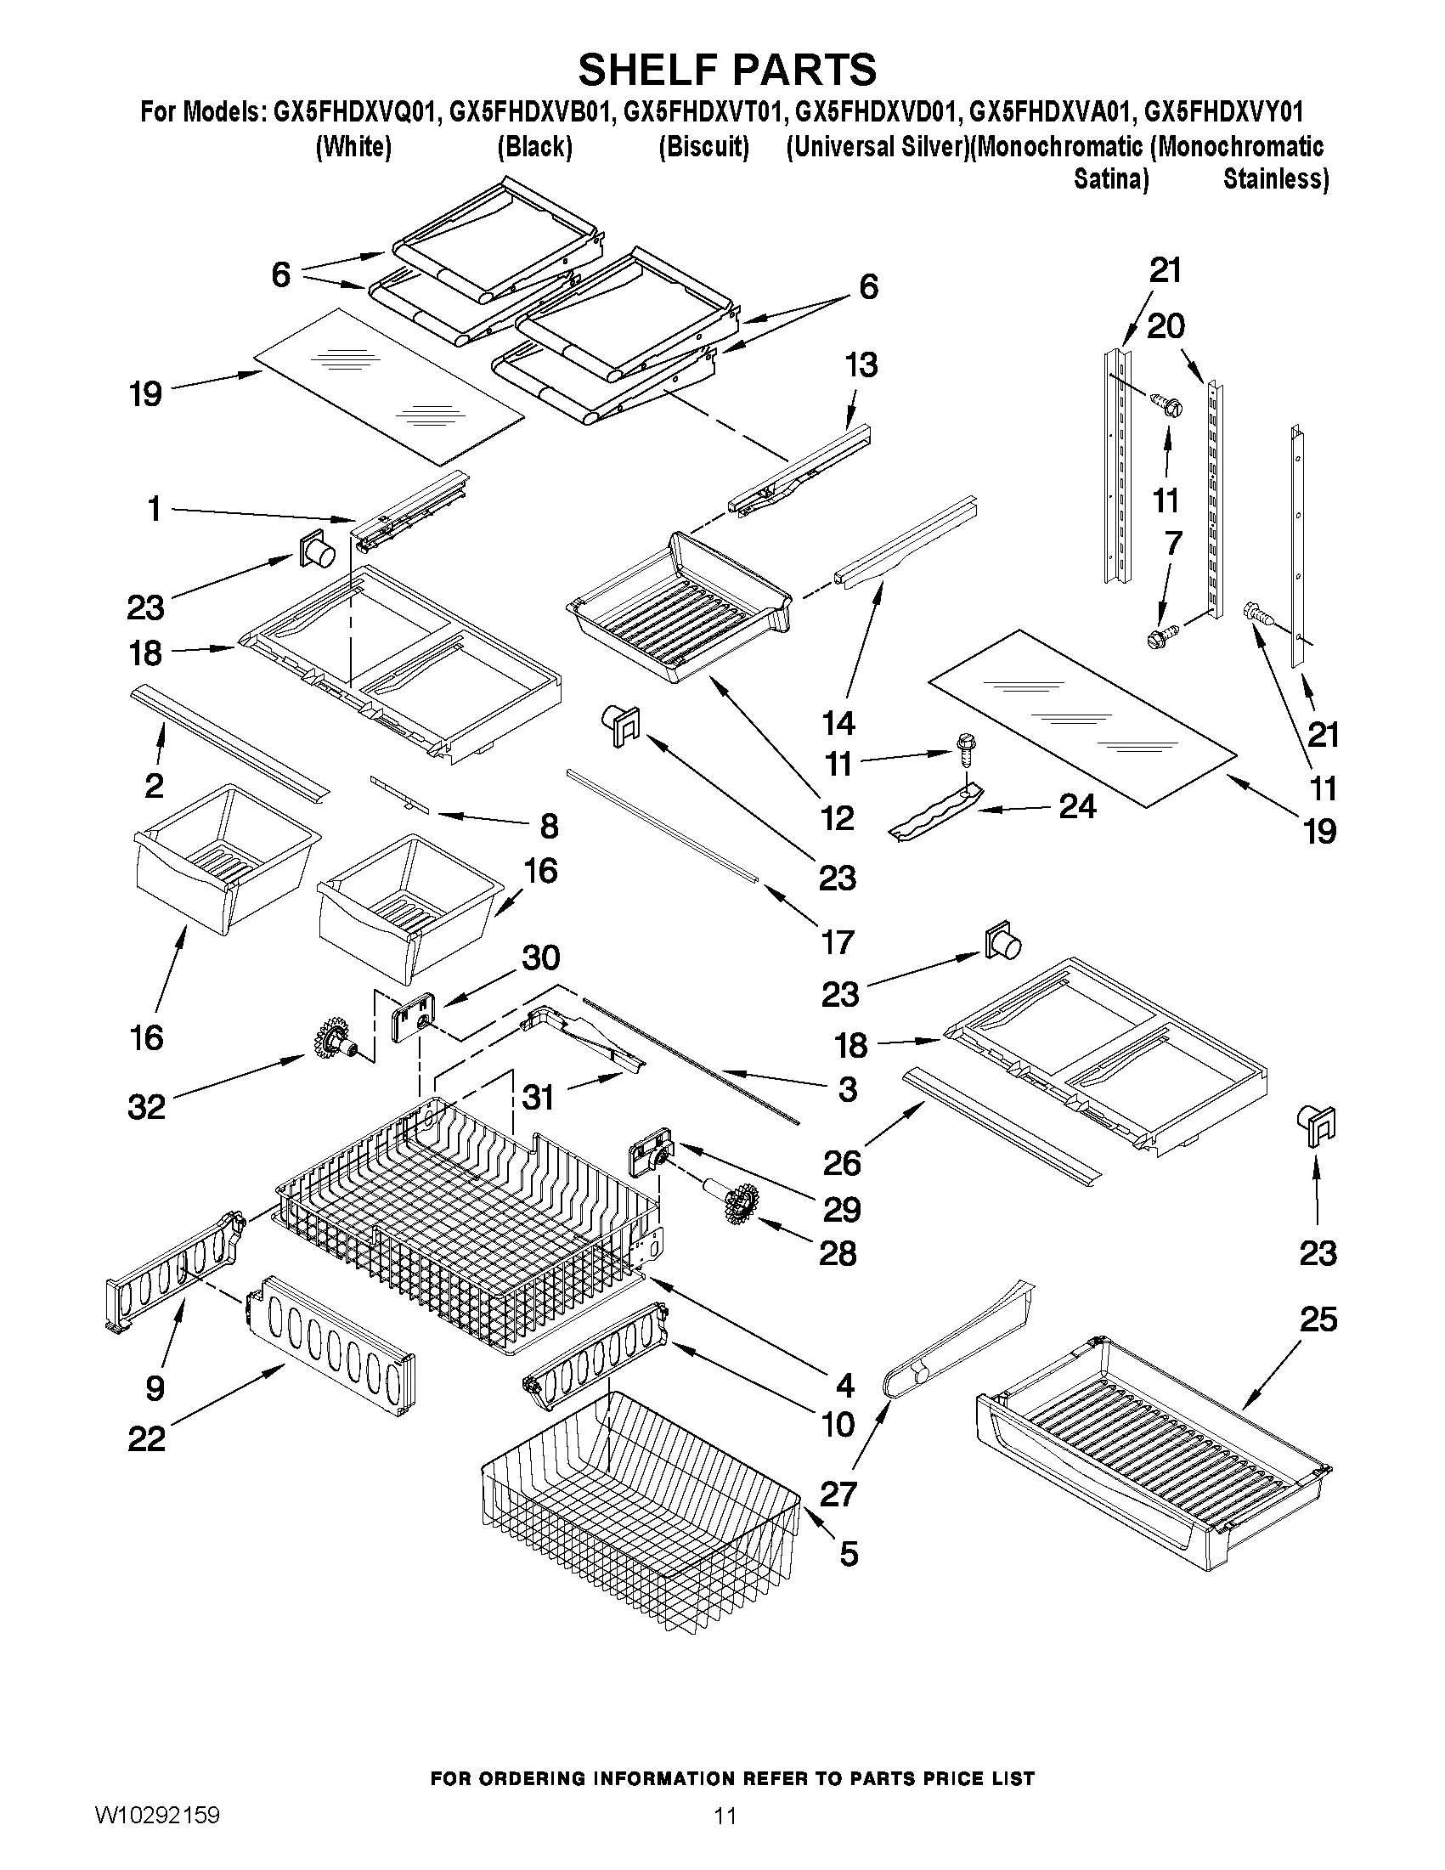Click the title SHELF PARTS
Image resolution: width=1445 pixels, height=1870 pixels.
[727, 69]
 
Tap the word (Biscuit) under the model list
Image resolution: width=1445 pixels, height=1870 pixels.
[703, 147]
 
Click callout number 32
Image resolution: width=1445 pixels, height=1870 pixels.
[146, 1107]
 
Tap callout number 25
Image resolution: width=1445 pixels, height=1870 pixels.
[1318, 1319]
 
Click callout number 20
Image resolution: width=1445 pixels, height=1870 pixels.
[1165, 326]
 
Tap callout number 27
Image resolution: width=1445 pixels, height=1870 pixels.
[838, 1494]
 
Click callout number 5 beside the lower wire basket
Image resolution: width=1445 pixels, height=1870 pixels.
[848, 1554]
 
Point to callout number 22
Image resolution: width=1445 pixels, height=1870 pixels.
[146, 1438]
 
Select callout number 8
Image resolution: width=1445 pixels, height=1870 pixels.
[548, 827]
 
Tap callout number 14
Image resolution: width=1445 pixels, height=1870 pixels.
[838, 724]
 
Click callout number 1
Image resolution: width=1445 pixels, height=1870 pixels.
[154, 510]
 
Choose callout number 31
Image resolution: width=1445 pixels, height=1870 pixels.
[538, 1097]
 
